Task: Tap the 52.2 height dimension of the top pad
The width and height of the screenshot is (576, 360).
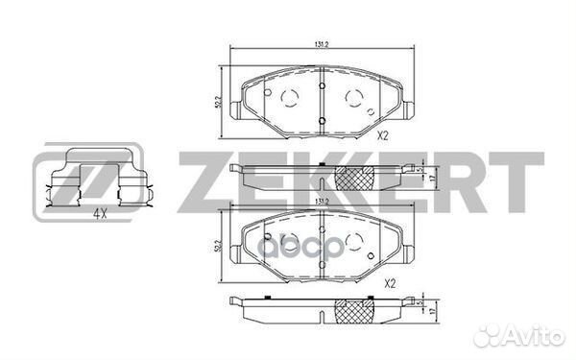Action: pyautogui.click(x=219, y=101)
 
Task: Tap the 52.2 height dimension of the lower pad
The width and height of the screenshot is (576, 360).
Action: pyautogui.click(x=219, y=250)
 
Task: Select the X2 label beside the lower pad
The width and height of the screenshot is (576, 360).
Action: pyautogui.click(x=389, y=284)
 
